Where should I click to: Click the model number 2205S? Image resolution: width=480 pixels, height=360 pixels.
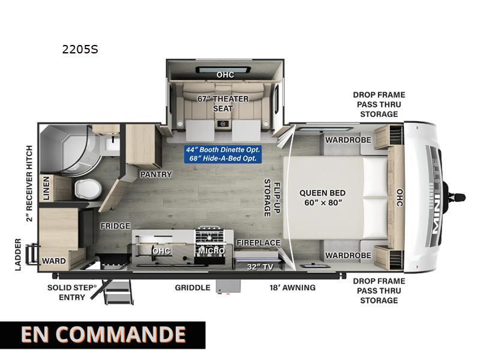point(80,49)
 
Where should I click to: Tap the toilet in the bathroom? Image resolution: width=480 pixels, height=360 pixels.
point(88,189)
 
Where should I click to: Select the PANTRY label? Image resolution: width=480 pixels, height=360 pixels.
point(156,174)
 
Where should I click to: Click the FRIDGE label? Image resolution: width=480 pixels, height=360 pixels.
point(115,226)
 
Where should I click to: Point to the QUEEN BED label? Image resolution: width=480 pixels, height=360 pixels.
point(322,193)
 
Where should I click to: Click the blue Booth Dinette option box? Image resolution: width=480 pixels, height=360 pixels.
point(223,154)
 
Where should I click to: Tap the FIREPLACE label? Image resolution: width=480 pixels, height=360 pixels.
point(259,243)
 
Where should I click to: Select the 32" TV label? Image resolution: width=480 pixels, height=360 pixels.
point(260,267)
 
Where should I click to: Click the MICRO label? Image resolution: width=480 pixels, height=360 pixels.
point(212,251)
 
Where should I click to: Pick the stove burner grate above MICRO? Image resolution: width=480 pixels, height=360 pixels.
point(209,236)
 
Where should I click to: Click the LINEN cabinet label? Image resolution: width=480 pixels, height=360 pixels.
point(46,188)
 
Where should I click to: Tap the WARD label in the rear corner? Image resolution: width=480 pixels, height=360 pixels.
point(54,261)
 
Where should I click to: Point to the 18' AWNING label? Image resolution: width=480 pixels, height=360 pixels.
point(292,288)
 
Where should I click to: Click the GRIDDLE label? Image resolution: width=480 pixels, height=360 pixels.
point(193,288)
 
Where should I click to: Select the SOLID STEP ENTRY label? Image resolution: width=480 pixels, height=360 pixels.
point(72,292)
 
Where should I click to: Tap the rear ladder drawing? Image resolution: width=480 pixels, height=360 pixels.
point(32,253)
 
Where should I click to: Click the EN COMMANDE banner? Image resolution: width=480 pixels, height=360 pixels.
point(103,335)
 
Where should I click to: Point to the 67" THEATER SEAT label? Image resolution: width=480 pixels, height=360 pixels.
point(223,103)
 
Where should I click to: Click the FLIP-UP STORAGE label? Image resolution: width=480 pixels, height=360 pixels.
point(272,198)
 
